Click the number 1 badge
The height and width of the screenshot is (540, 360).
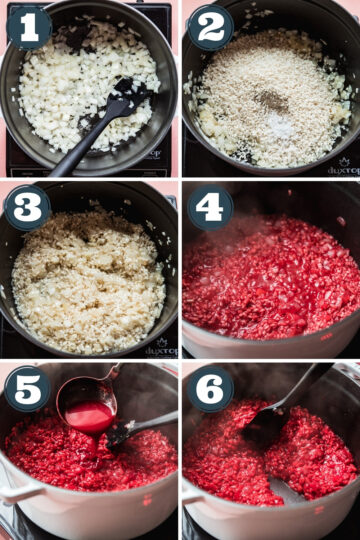tap(28, 27)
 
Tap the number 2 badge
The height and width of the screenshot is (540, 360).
tap(210, 27)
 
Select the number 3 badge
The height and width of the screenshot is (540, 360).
tap(28, 208)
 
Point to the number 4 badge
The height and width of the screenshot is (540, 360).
tap(210, 208)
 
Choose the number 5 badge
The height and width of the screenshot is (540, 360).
tap(28, 388)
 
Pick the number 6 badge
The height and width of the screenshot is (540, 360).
tap(210, 388)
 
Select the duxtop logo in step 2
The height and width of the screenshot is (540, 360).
tap(342, 168)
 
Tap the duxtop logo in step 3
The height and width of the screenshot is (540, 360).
tap(160, 349)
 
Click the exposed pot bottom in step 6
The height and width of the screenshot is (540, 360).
tap(285, 490)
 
